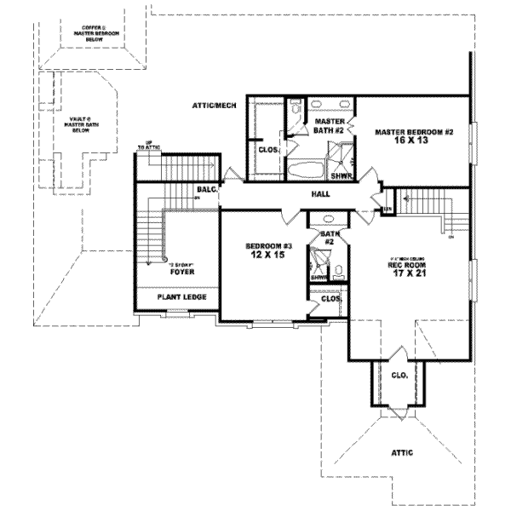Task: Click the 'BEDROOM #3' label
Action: [x=269, y=245]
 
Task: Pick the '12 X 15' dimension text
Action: [x=269, y=255]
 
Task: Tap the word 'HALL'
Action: [x=296, y=194]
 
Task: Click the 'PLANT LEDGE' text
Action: [x=175, y=298]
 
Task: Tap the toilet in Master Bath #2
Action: [x=295, y=109]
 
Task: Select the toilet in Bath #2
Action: [x=338, y=273]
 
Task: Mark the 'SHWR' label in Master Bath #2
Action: [x=341, y=176]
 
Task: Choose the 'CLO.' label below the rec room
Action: [x=398, y=375]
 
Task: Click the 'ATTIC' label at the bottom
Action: [x=401, y=453]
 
